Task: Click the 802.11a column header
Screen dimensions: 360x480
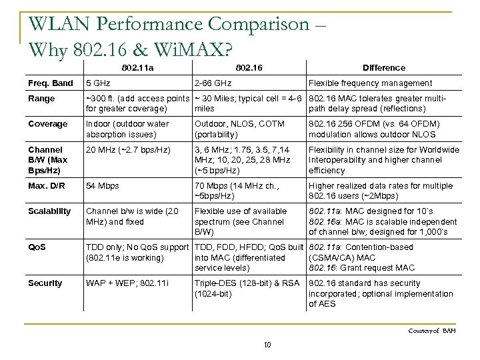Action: coord(137,67)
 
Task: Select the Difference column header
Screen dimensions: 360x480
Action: coord(383,67)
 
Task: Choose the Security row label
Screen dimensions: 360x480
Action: coord(46,283)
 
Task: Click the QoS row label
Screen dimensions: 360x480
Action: coord(38,247)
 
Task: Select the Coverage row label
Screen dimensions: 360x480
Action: coord(48,123)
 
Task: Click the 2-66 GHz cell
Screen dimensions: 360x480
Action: coord(213,83)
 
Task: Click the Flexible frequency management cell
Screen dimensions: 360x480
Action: coord(369,83)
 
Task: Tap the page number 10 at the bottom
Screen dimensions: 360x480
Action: coord(267,344)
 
